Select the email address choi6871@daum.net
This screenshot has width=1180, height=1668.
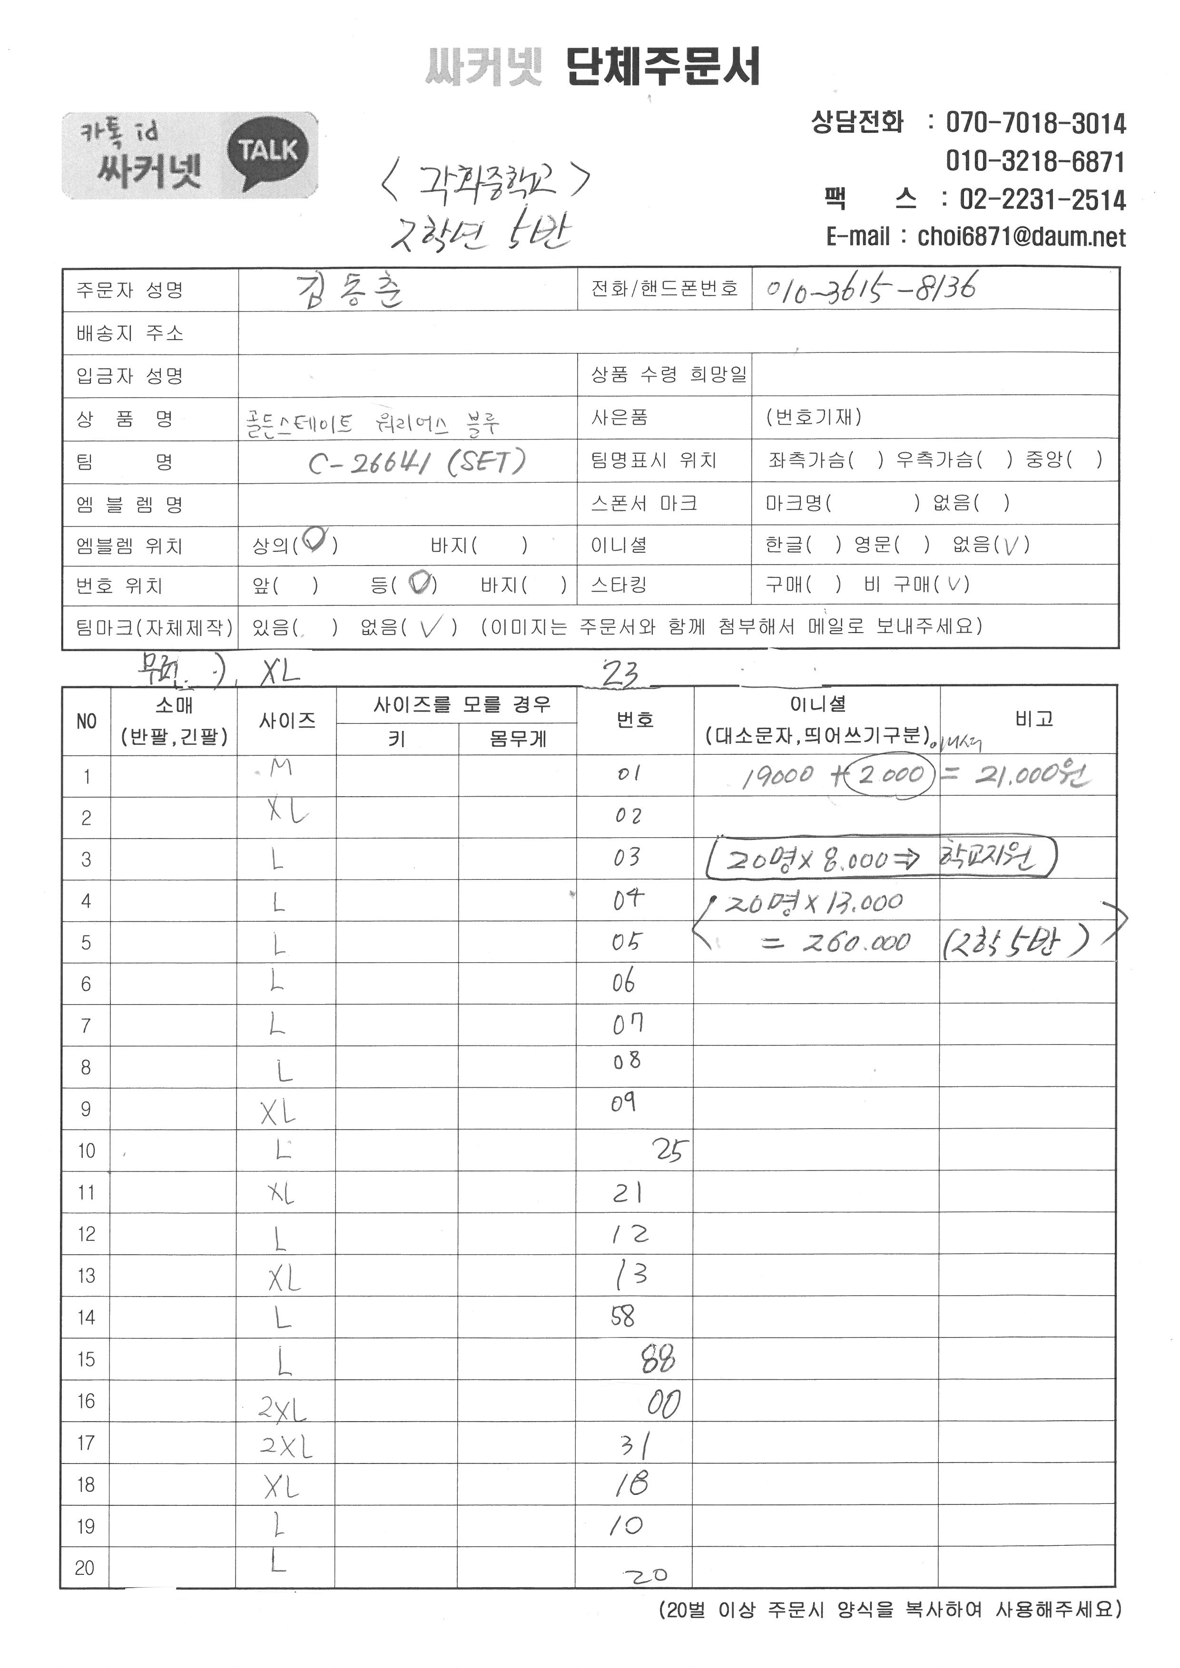pos(1021,237)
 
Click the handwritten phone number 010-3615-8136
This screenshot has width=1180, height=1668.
pos(870,288)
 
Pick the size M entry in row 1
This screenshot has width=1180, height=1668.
pos(280,768)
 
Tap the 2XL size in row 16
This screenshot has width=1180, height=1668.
pos(283,1410)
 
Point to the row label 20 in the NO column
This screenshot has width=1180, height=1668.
pos(85,1567)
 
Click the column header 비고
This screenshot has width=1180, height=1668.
pos(1034,719)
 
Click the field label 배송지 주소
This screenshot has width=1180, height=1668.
pos(130,333)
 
